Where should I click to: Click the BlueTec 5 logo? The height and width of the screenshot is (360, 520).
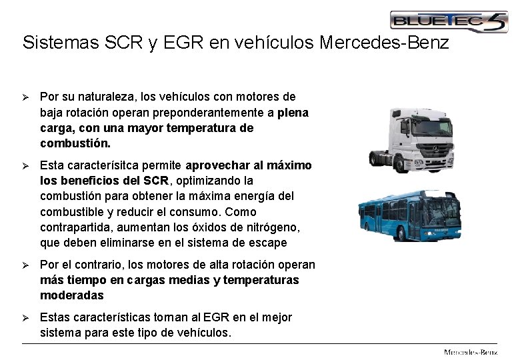point(448,21)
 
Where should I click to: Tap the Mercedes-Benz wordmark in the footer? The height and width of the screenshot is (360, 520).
point(471,351)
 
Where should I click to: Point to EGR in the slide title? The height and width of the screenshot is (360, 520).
point(181,43)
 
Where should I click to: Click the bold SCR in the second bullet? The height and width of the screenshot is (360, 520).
point(157,181)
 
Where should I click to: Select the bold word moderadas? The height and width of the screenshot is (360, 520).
point(72,295)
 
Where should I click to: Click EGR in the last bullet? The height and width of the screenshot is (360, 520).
point(216,317)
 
